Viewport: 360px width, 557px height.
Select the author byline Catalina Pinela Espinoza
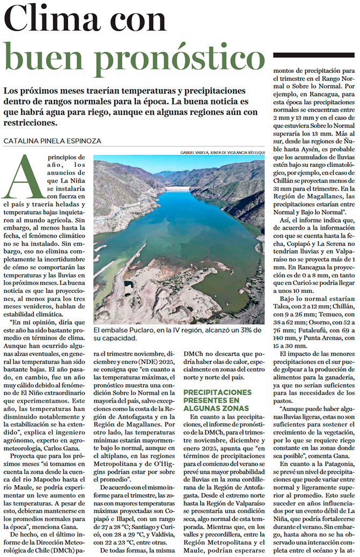click(x=52, y=141)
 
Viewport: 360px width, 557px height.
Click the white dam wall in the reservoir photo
click(x=179, y=189)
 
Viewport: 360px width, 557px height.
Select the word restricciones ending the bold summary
click(x=29, y=122)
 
